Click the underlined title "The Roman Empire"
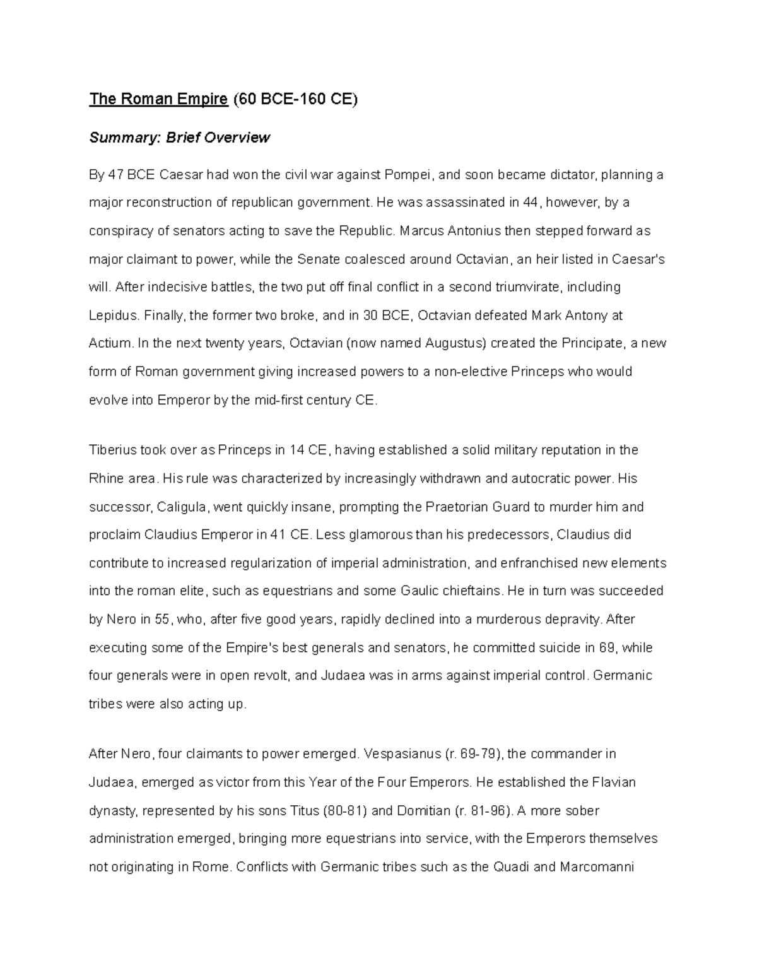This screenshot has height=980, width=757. pyautogui.click(x=158, y=99)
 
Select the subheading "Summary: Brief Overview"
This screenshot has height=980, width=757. pyautogui.click(x=179, y=138)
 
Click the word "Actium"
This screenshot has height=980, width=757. pyautogui.click(x=110, y=343)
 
